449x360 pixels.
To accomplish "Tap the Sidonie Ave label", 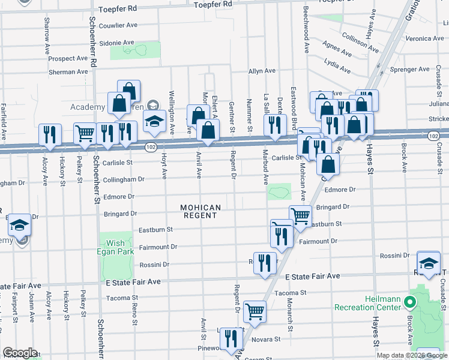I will click(116, 43).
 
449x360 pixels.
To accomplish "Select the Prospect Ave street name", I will click(68, 59).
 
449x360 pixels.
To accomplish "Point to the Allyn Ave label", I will click(262, 71).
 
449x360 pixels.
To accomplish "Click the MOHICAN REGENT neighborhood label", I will click(202, 211).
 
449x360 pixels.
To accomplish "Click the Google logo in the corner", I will click(20, 353).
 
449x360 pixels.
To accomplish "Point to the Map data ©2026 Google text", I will click(411, 355).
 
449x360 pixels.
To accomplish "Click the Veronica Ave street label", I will click(424, 38).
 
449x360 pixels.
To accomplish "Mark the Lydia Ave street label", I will click(337, 62).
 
